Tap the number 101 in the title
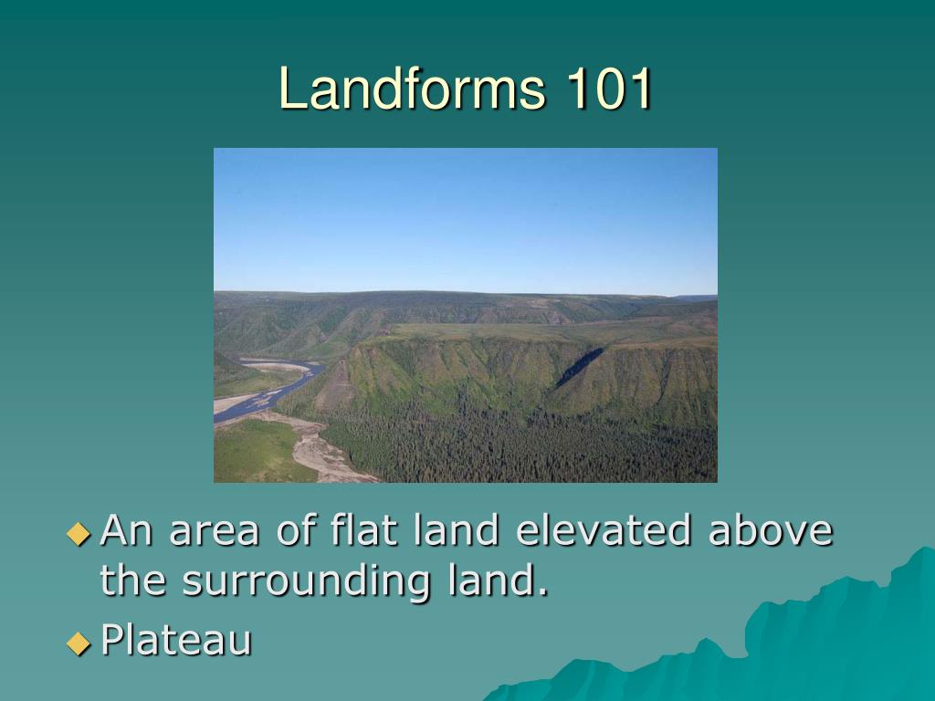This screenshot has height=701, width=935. pyautogui.click(x=609, y=89)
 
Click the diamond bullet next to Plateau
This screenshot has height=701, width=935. pyautogui.click(x=79, y=643)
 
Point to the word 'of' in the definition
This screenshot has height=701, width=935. pyautogui.click(x=296, y=530)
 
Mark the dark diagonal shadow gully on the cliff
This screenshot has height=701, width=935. pyautogui.click(x=579, y=366)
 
